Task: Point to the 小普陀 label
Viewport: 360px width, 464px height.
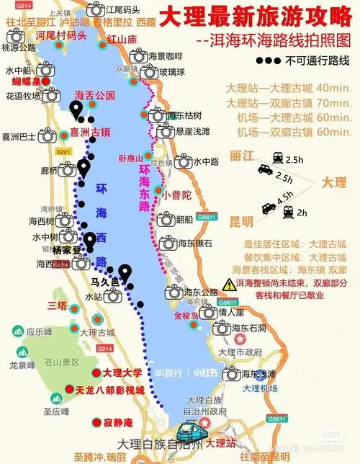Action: click(x=176, y=195)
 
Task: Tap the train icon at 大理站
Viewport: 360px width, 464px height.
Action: click(x=188, y=434)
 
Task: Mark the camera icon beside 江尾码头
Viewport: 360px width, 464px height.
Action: click(x=95, y=9)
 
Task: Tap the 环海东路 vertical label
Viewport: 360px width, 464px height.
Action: click(x=145, y=184)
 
